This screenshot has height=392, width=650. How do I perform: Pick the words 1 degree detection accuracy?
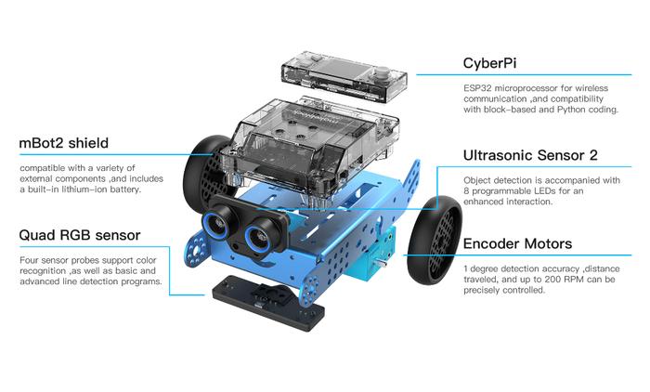(x=518, y=268)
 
